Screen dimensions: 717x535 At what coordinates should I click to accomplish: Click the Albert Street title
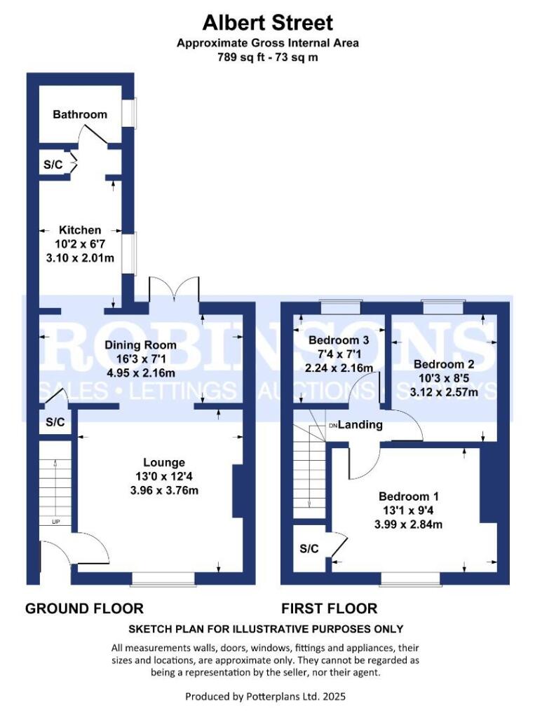267,22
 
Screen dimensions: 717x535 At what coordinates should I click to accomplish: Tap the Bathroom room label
81,114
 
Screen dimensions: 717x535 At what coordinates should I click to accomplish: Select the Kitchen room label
80,230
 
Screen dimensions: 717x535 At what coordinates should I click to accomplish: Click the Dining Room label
140,344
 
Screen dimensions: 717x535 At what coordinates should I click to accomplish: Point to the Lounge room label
164,462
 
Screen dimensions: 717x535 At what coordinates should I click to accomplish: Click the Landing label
361,424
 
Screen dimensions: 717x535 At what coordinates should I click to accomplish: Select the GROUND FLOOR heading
84,608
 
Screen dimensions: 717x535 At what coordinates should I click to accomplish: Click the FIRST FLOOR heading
330,608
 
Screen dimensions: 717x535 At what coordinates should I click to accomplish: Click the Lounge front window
163,578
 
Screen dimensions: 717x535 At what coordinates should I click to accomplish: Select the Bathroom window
130,113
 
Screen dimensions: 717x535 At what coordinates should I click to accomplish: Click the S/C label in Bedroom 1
309,548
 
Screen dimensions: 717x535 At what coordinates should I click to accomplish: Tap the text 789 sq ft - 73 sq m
267,57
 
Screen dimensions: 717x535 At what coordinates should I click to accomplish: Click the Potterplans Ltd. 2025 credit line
265,697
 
